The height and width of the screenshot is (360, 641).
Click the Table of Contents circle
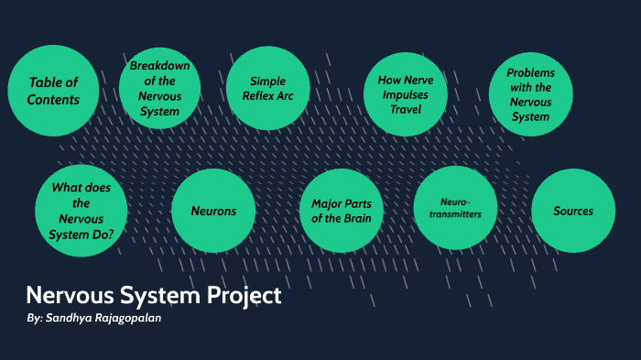click(53, 90)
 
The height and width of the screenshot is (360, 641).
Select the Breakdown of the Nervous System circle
click(159, 88)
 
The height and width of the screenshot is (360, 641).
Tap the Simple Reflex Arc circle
click(267, 88)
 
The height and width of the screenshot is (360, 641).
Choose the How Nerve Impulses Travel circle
click(405, 93)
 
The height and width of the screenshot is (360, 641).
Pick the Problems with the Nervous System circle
click(530, 94)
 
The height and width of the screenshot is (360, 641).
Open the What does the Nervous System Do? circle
click(81, 210)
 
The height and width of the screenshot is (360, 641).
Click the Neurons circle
click(213, 211)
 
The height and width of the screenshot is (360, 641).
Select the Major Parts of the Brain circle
click(341, 210)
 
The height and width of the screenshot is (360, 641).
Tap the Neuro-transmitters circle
click(455, 207)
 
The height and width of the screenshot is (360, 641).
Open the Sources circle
click(572, 211)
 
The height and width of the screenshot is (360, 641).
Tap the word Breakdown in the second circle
click(159, 65)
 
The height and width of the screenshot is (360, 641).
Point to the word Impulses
click(405, 93)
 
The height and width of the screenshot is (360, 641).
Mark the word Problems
click(530, 72)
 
